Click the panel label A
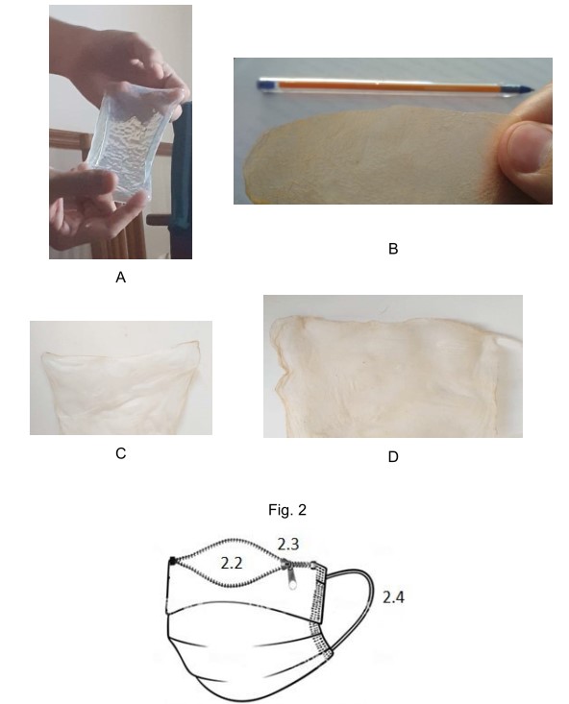tap(120, 278)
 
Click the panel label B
tap(393, 249)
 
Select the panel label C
tap(120, 453)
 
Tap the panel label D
tap(393, 456)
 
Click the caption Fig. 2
tap(287, 510)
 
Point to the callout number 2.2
tap(232, 563)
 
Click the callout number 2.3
tap(288, 544)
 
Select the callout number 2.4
tap(393, 597)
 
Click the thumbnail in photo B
tap(527, 147)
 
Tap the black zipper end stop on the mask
tap(172, 560)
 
